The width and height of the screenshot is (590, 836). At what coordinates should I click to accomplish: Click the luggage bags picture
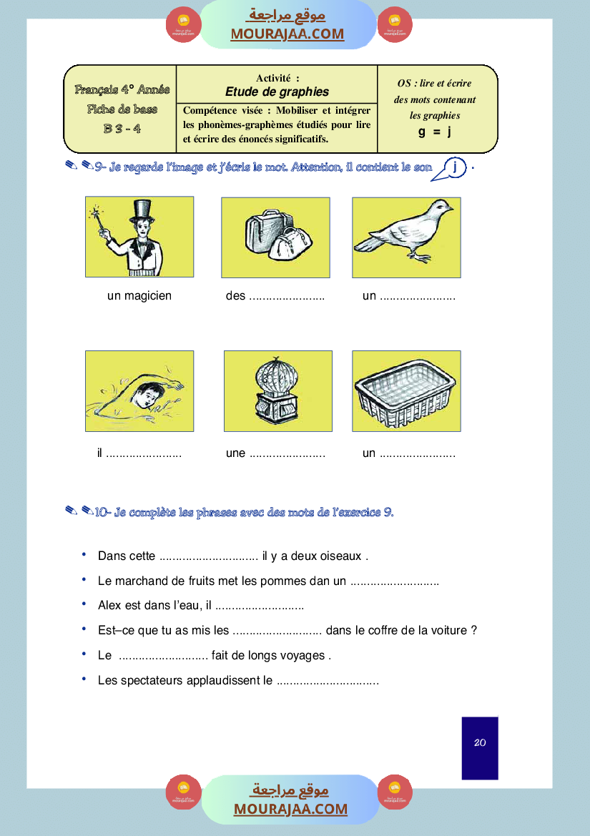pos(275,237)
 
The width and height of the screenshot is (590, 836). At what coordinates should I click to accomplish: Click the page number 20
pos(480,743)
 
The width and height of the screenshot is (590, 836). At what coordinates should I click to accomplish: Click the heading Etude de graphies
pos(277,92)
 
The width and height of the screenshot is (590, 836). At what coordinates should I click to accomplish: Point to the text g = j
pos(435,132)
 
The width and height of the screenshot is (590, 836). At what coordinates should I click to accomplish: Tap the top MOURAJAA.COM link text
pos(287,34)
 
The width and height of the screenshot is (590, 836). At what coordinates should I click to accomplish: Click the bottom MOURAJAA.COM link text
pos(290,809)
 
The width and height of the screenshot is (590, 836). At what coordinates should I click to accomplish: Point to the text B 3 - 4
pos(122,129)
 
